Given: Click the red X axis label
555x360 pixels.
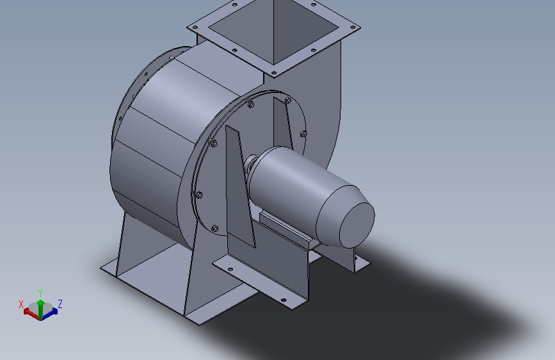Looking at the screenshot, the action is point(21,304).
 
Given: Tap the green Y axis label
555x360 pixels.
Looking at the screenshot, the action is point(40,293).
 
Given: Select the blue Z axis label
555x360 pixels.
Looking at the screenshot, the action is point(60,304).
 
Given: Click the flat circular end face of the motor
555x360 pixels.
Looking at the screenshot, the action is point(357,225).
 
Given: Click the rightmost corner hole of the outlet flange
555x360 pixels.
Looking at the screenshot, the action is point(353,27).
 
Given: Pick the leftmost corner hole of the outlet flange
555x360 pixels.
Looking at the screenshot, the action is point(194,28).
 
